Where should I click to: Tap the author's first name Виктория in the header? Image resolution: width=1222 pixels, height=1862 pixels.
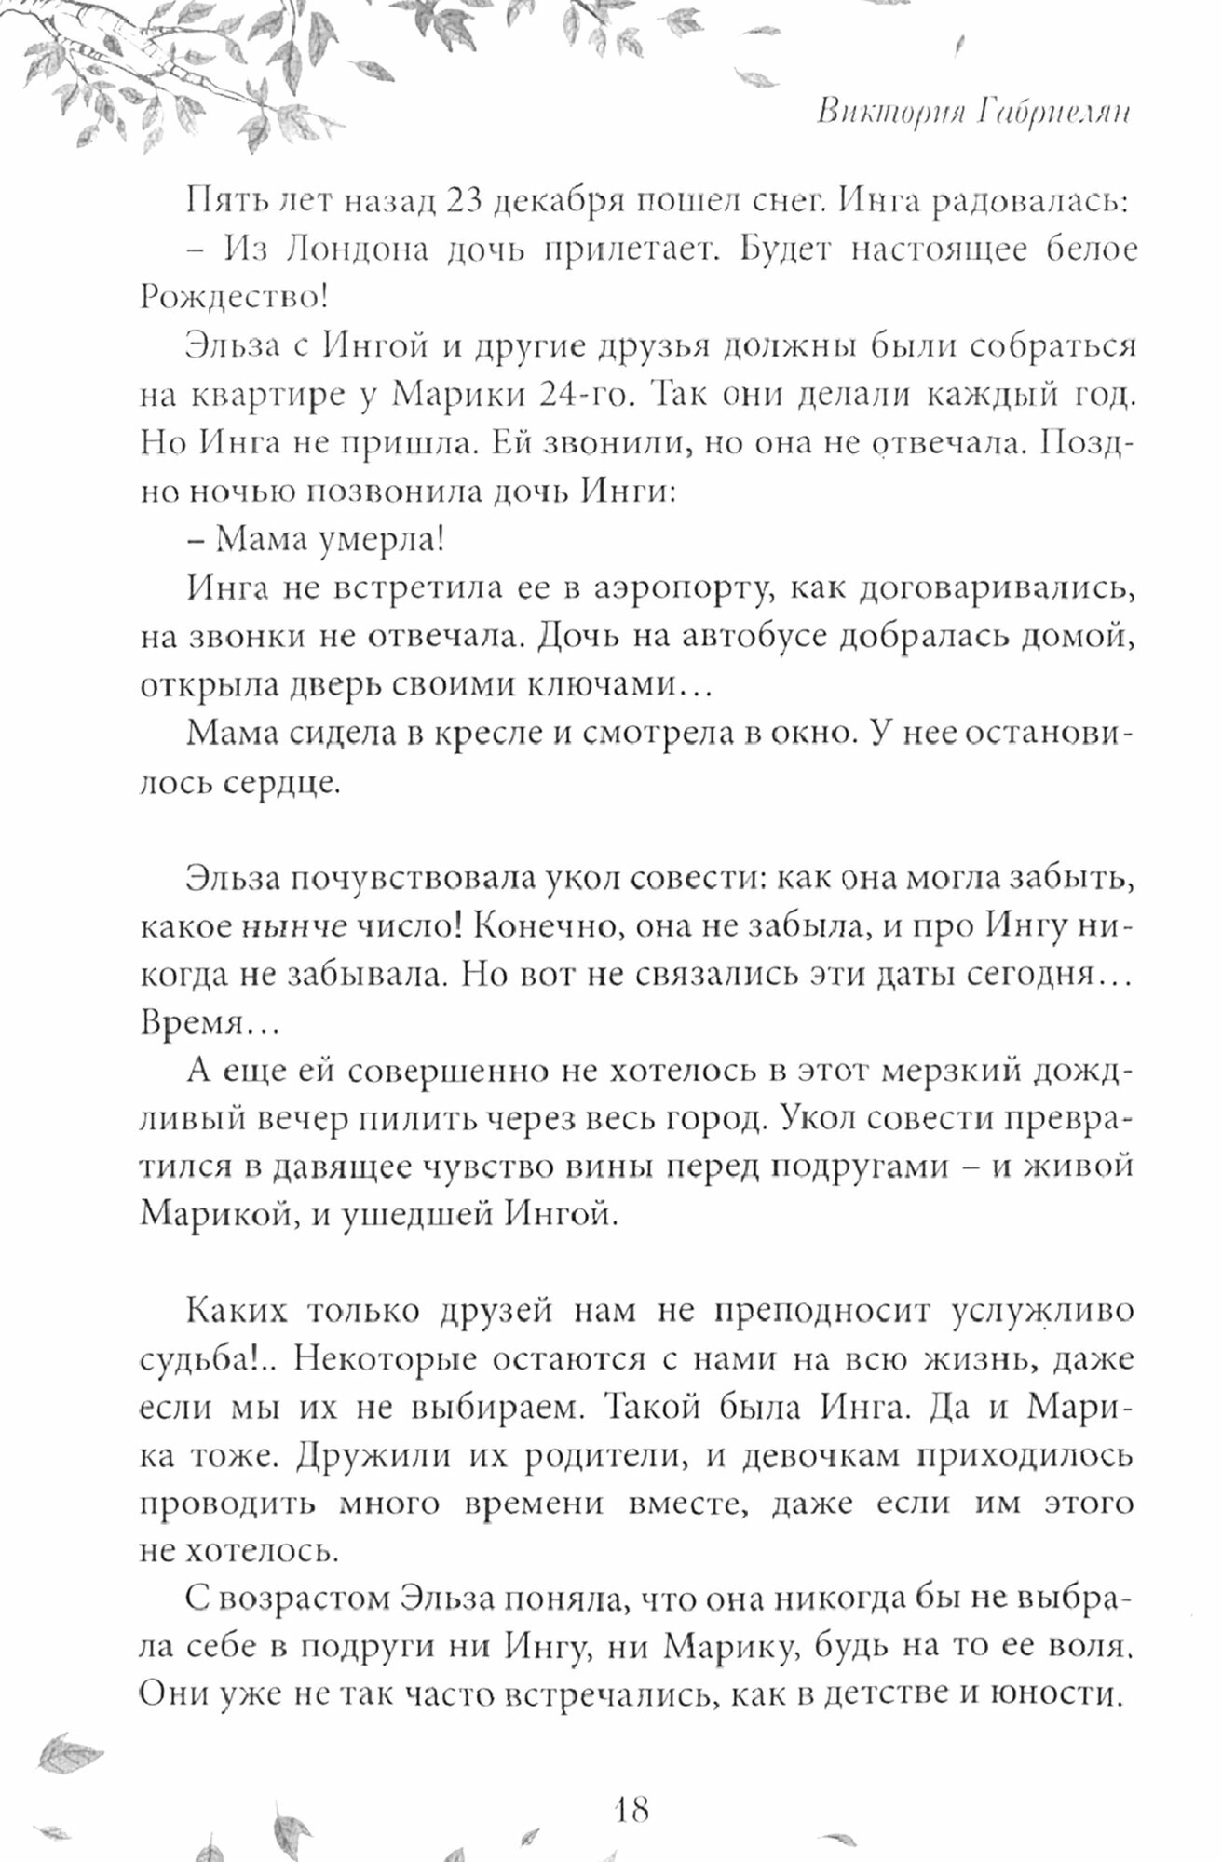879,113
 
